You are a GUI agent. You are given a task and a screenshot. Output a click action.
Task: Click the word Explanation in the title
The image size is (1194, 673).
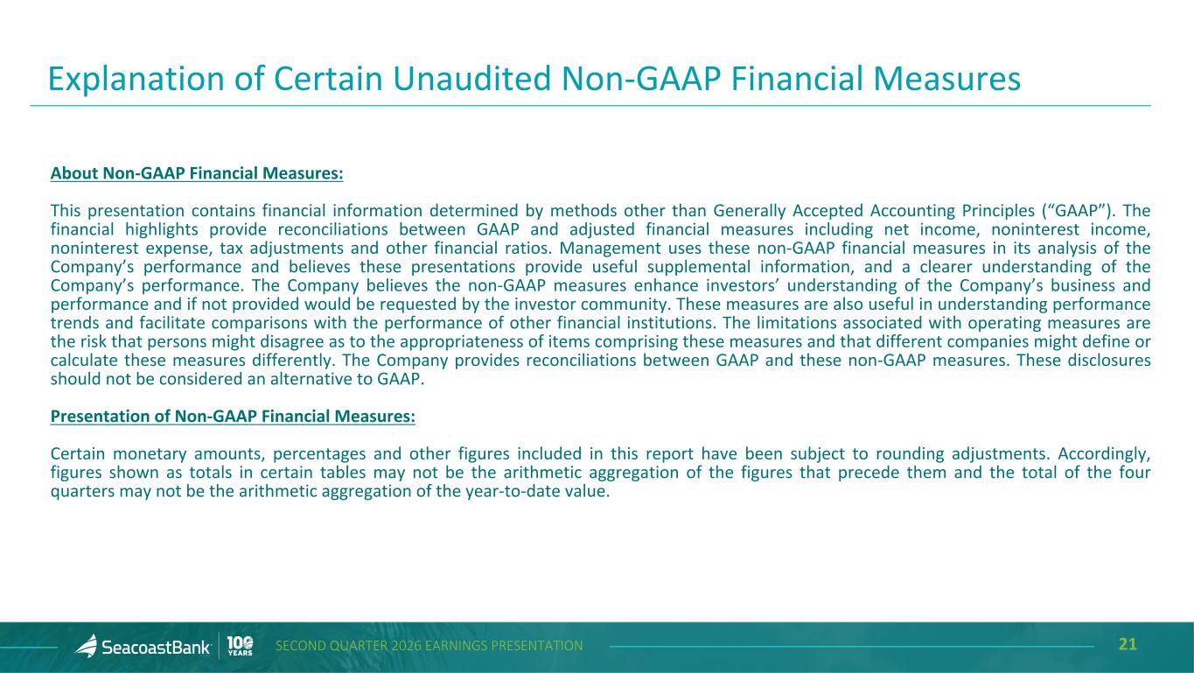pyautogui.click(x=136, y=80)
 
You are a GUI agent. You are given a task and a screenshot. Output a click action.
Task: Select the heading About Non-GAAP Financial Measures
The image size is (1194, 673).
pyautogui.click(x=197, y=173)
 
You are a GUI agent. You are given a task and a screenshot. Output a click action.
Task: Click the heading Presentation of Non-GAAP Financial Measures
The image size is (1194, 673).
pyautogui.click(x=233, y=416)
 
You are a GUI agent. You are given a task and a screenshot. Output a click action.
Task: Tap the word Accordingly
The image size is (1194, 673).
pyautogui.click(x=1104, y=454)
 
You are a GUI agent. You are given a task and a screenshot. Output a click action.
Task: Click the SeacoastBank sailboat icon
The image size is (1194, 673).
pyautogui.click(x=87, y=646)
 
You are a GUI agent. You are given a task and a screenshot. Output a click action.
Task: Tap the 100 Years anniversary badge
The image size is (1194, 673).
pyautogui.click(x=240, y=646)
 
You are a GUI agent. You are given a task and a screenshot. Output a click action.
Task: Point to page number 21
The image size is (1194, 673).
pyautogui.click(x=1128, y=645)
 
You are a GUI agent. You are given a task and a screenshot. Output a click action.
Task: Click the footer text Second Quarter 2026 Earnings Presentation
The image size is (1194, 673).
pyautogui.click(x=429, y=646)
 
